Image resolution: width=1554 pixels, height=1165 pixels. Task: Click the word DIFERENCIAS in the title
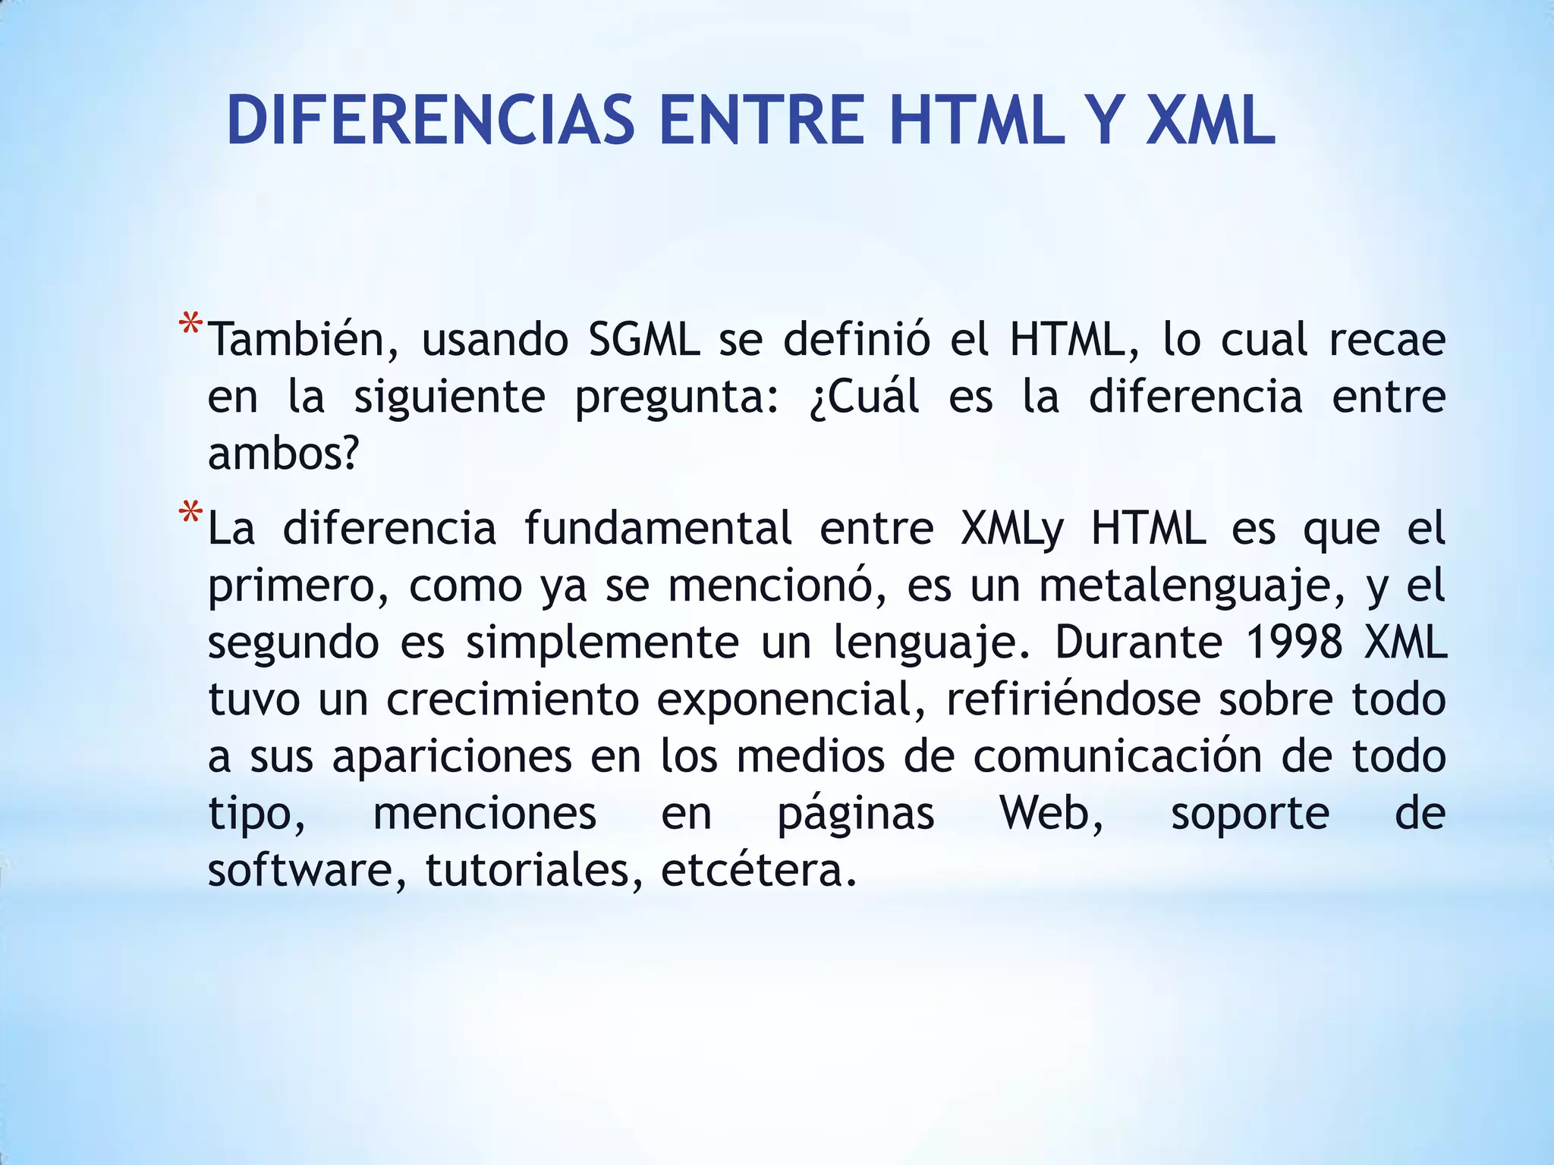pos(430,120)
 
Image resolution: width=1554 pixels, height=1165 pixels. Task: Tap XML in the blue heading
pos(1210,120)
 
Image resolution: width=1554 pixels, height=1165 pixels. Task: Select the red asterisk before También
pos(190,326)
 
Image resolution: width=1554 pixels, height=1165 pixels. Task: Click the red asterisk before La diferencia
pos(190,515)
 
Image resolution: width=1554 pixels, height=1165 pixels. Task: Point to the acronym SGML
pos(644,339)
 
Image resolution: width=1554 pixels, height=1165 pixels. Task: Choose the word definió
pos(857,339)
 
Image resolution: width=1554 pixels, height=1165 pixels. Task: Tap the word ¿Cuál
pos(864,396)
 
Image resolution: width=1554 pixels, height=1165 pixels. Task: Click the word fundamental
pos(658,528)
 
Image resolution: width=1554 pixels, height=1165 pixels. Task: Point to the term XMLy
pos(1012,528)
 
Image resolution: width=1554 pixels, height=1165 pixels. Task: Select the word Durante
pos(1138,642)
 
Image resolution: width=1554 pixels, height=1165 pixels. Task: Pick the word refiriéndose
pos(1073,699)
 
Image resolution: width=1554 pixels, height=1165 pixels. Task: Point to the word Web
pos(1051,813)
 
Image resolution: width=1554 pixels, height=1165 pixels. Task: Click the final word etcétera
pos(758,870)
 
